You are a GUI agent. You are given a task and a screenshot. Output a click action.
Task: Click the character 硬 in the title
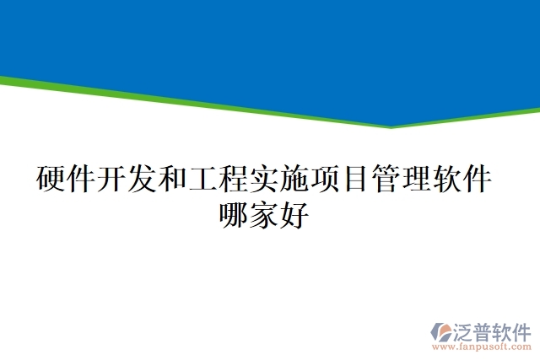tap(51, 180)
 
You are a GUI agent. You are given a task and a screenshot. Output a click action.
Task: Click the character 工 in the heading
tap(202, 180)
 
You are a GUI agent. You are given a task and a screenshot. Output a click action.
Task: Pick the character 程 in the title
tap(233, 180)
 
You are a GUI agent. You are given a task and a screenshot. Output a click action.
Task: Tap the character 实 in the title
tap(263, 180)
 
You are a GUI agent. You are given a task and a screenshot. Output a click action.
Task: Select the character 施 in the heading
tap(294, 180)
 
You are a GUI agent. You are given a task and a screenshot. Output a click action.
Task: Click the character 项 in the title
tap(324, 180)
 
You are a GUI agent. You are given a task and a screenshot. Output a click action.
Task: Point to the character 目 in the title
tap(354, 180)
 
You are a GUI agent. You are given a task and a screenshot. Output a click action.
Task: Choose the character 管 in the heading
tap(385, 180)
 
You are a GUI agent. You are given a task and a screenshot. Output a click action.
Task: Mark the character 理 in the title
tap(415, 180)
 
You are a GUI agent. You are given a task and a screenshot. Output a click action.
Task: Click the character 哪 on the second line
tap(234, 215)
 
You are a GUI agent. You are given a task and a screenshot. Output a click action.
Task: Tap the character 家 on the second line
tap(264, 215)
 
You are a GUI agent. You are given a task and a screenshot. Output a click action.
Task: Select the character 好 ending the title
tap(294, 215)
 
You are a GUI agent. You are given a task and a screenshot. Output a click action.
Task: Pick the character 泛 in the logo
tap(465, 330)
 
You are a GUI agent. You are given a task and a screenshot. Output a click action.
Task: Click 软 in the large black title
tap(445, 180)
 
